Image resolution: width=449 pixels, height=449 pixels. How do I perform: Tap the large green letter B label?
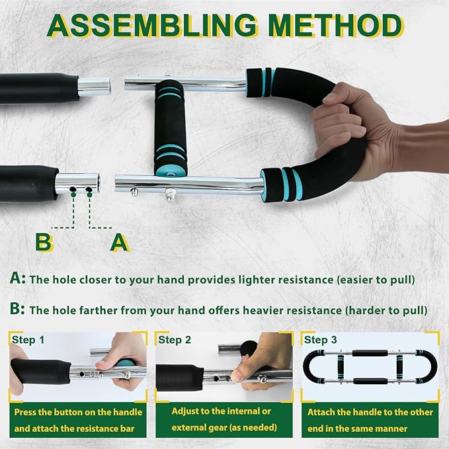(44, 242)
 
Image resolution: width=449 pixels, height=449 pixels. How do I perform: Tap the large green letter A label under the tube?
(119, 242)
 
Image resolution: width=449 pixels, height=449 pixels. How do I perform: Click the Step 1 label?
(28, 340)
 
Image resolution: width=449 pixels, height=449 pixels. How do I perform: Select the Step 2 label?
(174, 340)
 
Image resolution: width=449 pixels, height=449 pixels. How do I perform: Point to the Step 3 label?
(320, 340)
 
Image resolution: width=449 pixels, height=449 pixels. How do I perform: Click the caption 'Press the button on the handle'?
(78, 412)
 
